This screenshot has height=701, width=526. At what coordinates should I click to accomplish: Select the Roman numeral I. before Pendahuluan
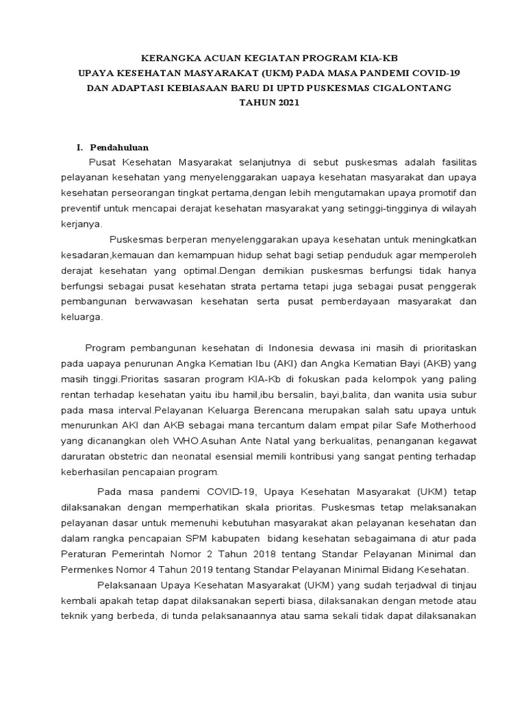[79, 147]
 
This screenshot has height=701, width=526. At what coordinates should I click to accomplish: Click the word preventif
[84, 208]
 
